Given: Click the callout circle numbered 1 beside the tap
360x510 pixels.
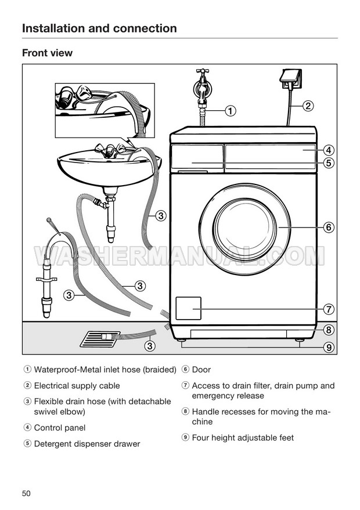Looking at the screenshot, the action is pyautogui.click(x=230, y=111).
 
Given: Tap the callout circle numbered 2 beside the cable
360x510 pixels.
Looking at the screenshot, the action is pyautogui.click(x=308, y=106).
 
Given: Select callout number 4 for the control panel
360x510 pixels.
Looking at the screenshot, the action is pyautogui.click(x=329, y=150).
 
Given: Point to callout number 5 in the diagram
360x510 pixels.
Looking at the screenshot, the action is pyautogui.click(x=329, y=162).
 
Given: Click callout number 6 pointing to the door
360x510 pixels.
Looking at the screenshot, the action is pyautogui.click(x=329, y=227).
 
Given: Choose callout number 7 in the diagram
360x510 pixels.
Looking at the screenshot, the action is pyautogui.click(x=329, y=309).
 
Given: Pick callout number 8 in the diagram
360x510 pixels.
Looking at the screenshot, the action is pyautogui.click(x=329, y=330).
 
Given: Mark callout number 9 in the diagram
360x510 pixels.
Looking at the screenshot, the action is pyautogui.click(x=329, y=348).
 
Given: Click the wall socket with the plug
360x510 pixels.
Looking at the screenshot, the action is pyautogui.click(x=290, y=79).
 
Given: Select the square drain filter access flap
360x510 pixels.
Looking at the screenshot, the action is pyautogui.click(x=189, y=308).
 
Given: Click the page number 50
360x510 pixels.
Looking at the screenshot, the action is pyautogui.click(x=26, y=493).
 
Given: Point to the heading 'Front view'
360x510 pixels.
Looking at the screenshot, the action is pyautogui.click(x=47, y=53).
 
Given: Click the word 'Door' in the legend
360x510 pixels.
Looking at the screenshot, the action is pyautogui.click(x=201, y=370).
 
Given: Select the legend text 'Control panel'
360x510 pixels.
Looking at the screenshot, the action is pyautogui.click(x=60, y=428).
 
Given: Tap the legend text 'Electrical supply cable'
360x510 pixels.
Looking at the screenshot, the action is pyautogui.click(x=77, y=386).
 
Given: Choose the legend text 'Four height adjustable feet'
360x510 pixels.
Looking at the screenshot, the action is pyautogui.click(x=243, y=438).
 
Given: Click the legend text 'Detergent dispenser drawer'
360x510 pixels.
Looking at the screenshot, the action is pyautogui.click(x=87, y=444).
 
